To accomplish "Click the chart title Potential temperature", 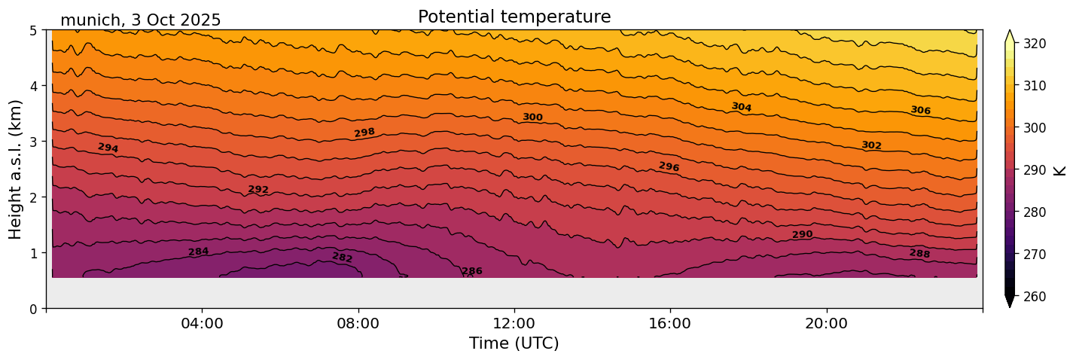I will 514,17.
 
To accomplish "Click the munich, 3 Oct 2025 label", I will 140,20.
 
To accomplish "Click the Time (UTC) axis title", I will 514,343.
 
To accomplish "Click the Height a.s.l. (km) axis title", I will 16,169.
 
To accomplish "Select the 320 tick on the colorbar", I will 1034,44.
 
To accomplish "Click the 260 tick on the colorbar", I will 1034,297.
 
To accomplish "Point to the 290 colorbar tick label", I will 1034,170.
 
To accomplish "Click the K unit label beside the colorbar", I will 1060,170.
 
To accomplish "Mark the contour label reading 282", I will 343,258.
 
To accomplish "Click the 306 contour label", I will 920,111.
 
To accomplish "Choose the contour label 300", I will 532,117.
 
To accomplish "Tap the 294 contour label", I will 108,148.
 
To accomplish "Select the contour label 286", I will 472,271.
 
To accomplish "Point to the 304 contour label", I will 742,108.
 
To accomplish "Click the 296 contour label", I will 669,166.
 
